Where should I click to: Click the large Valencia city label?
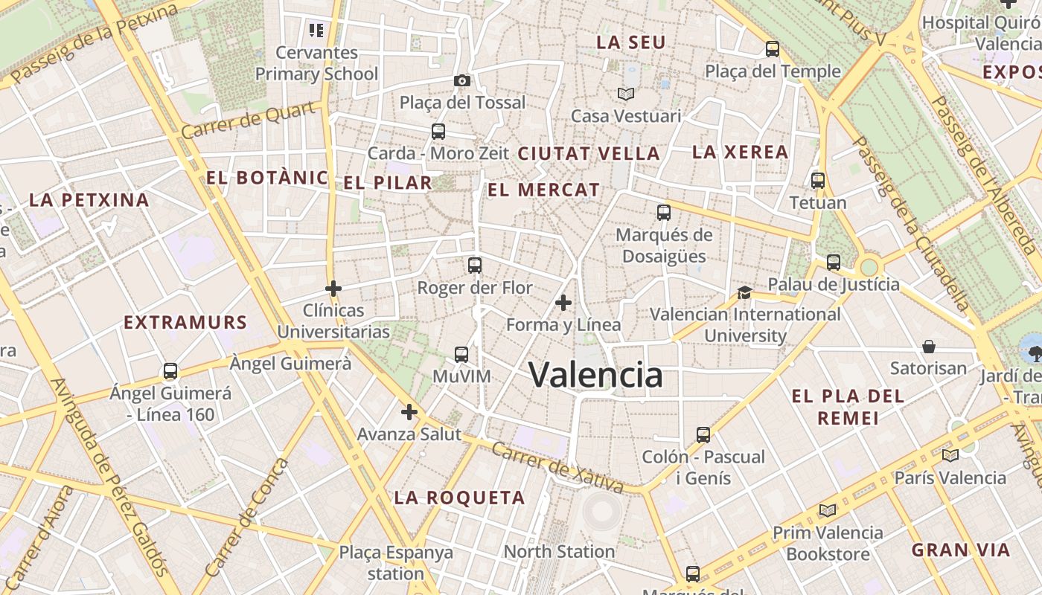click(x=595, y=374)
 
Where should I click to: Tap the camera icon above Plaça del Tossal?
click(x=461, y=80)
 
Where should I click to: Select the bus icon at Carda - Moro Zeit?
click(x=438, y=132)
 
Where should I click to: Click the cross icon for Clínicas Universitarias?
click(x=333, y=288)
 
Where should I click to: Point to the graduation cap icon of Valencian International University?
click(x=744, y=292)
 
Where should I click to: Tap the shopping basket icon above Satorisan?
click(x=929, y=347)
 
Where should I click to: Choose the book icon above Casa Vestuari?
click(x=626, y=94)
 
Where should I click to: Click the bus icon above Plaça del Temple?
click(x=773, y=50)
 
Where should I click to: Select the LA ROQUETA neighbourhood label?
click(x=459, y=498)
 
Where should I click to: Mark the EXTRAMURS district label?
click(x=185, y=322)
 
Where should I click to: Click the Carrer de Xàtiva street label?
click(x=557, y=469)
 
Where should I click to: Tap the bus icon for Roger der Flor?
click(x=475, y=266)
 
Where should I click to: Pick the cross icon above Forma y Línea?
click(x=563, y=303)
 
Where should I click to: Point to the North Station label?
click(x=559, y=551)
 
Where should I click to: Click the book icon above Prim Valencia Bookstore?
click(x=827, y=510)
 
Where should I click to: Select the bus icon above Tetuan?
click(x=818, y=181)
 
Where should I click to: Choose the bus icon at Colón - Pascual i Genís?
click(x=703, y=434)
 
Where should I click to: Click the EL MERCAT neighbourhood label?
click(x=543, y=190)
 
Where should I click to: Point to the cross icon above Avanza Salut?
click(x=409, y=412)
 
